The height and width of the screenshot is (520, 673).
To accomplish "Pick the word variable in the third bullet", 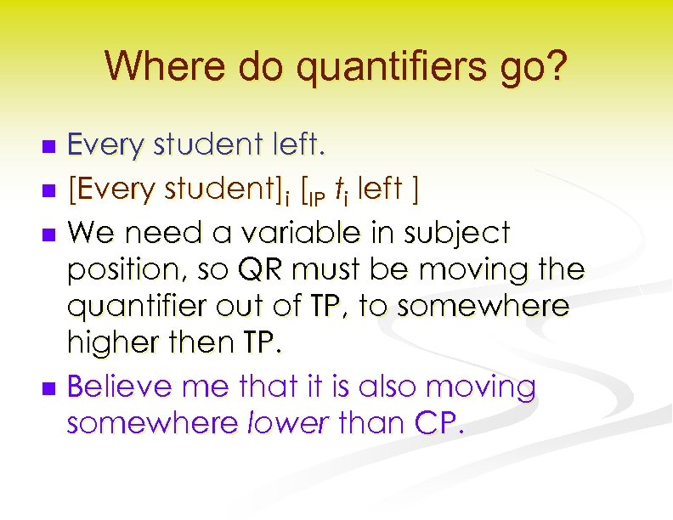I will click(x=301, y=231).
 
